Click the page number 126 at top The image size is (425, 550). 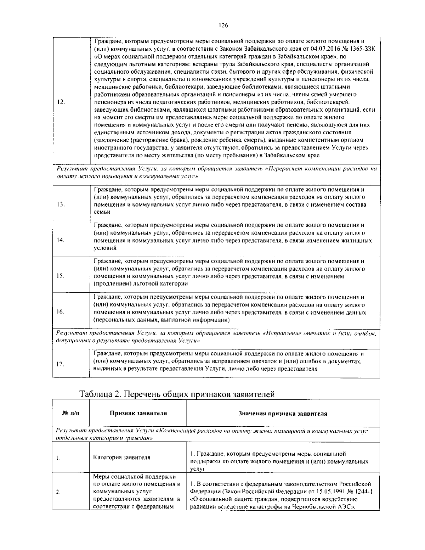(223, 25)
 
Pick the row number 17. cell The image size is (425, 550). (60, 364)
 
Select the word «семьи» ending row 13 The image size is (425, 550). (102, 212)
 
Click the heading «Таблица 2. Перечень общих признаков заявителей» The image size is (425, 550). (177, 394)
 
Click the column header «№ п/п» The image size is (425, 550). (70, 413)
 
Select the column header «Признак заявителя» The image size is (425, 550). (138, 413)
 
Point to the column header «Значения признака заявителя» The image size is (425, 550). (283, 414)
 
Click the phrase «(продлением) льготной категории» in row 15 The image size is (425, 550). (141, 284)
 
